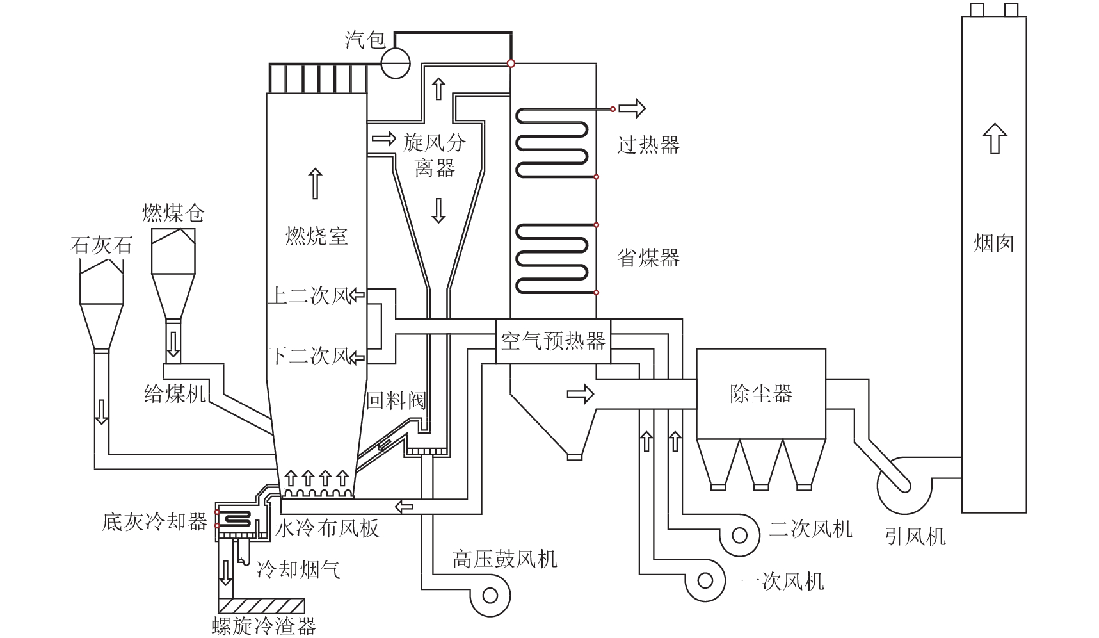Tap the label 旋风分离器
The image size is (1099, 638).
[435, 155]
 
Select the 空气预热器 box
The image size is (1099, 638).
[553, 341]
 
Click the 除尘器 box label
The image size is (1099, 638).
[761, 393]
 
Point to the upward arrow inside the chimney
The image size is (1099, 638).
[994, 138]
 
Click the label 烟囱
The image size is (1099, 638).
[994, 243]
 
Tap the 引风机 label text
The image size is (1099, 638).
[915, 536]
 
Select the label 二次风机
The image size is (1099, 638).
[811, 529]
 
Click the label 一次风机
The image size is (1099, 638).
[782, 581]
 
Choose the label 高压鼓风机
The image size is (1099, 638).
[505, 559]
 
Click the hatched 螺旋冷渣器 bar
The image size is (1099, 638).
[261, 606]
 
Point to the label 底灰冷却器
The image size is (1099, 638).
[155, 521]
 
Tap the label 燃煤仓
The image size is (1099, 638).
[173, 213]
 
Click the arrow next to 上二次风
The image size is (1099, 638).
[357, 295]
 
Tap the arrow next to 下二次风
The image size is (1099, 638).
[357, 356]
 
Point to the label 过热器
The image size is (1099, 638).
[648, 145]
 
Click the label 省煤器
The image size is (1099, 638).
[648, 258]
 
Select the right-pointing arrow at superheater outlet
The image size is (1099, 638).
[632, 109]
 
